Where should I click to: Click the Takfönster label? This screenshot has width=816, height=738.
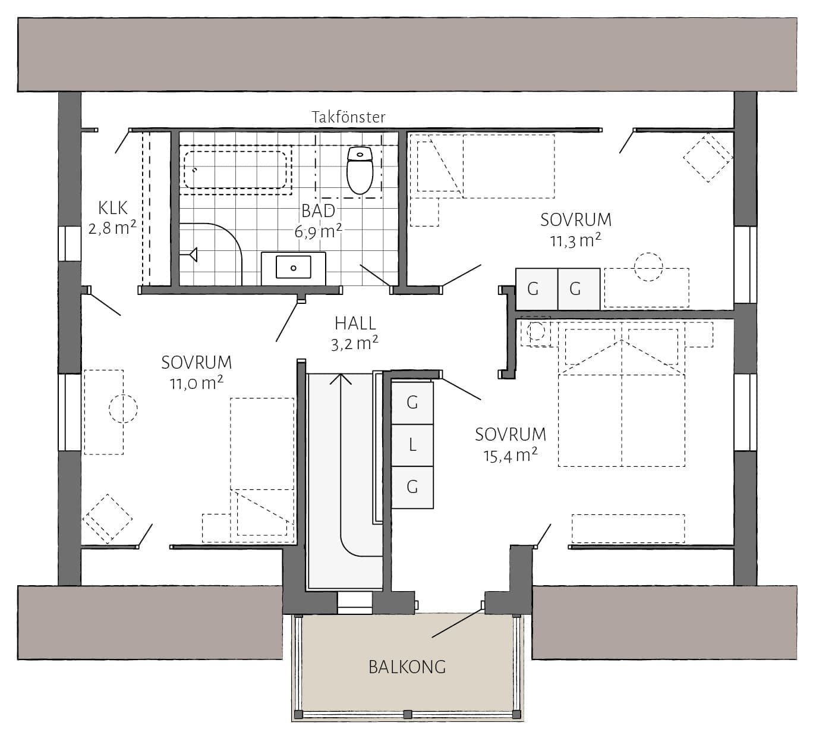pos(349,117)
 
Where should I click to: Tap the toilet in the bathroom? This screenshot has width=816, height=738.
pos(360,171)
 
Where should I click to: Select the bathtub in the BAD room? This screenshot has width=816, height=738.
pos(235,169)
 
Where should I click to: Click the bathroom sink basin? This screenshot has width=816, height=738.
pos(293,267)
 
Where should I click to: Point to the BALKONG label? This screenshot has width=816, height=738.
pos(407,667)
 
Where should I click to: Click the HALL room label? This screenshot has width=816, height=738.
pos(355,324)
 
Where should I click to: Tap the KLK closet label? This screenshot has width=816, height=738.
pos(113,208)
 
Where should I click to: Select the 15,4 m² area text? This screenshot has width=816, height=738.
pos(511,456)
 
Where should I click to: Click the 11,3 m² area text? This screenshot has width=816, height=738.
pos(575,241)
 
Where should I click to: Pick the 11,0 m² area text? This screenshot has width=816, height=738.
pos(197,383)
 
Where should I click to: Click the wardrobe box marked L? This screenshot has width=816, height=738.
pos(412,445)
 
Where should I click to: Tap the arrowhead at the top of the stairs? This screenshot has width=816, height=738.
pos(341,379)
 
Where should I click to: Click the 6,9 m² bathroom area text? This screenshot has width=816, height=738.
pos(318,231)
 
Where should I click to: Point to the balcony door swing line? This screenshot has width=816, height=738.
pos(457,623)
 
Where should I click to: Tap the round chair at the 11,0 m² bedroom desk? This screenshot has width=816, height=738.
pos(123,409)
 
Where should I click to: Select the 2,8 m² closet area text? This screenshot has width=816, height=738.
pos(112,228)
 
